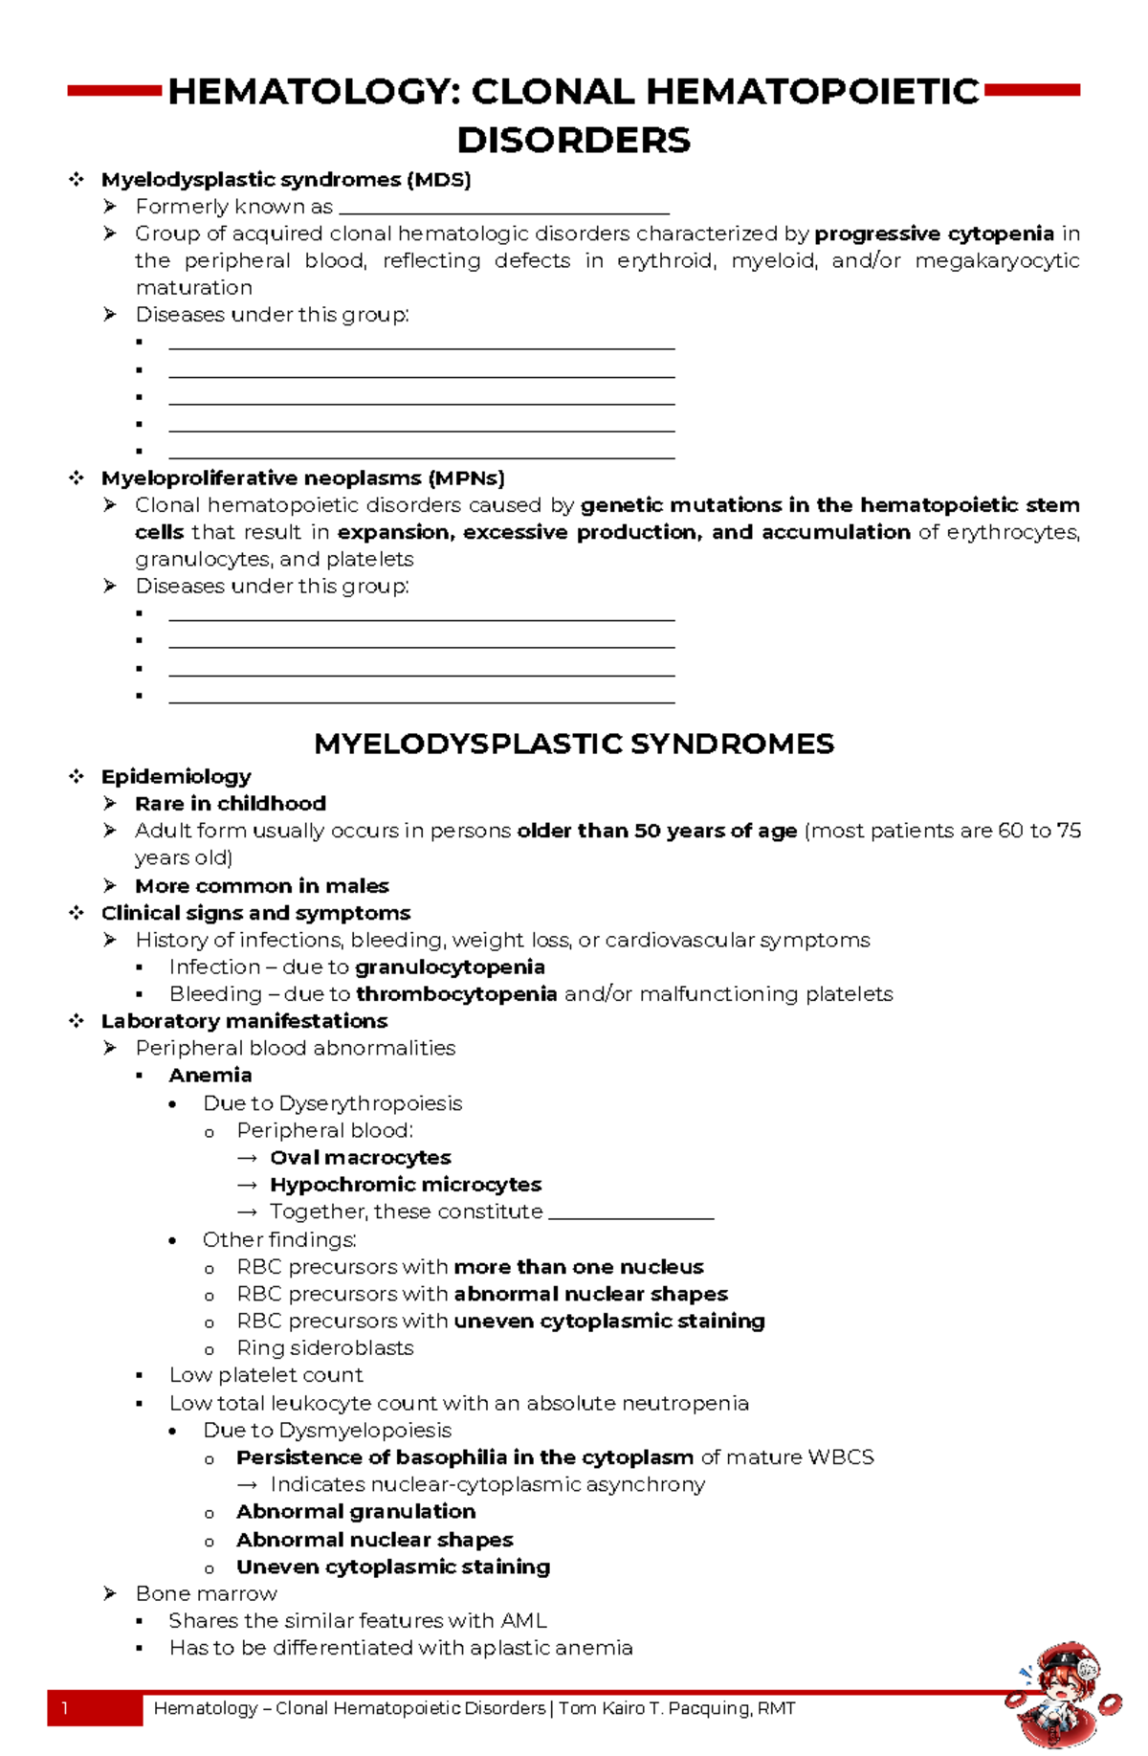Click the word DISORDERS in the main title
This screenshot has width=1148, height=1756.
[x=573, y=141]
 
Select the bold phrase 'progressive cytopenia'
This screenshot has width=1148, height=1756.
[x=934, y=233]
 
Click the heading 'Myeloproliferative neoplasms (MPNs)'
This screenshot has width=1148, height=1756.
[x=302, y=478]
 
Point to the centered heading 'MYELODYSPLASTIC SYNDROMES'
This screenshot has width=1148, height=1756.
[x=574, y=744]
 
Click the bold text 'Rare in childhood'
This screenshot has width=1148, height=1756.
[x=231, y=804]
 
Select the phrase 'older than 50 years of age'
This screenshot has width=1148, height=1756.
[x=656, y=831]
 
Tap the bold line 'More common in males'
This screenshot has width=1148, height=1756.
[x=261, y=886]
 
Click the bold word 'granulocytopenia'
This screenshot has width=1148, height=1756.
[x=450, y=967]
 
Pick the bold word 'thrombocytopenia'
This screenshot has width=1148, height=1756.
[x=456, y=994]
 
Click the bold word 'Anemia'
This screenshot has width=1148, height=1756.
[x=210, y=1076]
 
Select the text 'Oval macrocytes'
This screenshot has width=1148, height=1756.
[x=360, y=1158]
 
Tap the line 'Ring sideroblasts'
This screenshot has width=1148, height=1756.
[x=325, y=1348]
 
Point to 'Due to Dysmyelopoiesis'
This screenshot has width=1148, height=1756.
[x=327, y=1431]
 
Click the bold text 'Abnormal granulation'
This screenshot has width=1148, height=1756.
[x=356, y=1512]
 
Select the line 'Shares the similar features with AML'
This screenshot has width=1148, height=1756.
[x=358, y=1621]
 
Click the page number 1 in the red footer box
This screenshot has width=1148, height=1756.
[x=65, y=1709]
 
